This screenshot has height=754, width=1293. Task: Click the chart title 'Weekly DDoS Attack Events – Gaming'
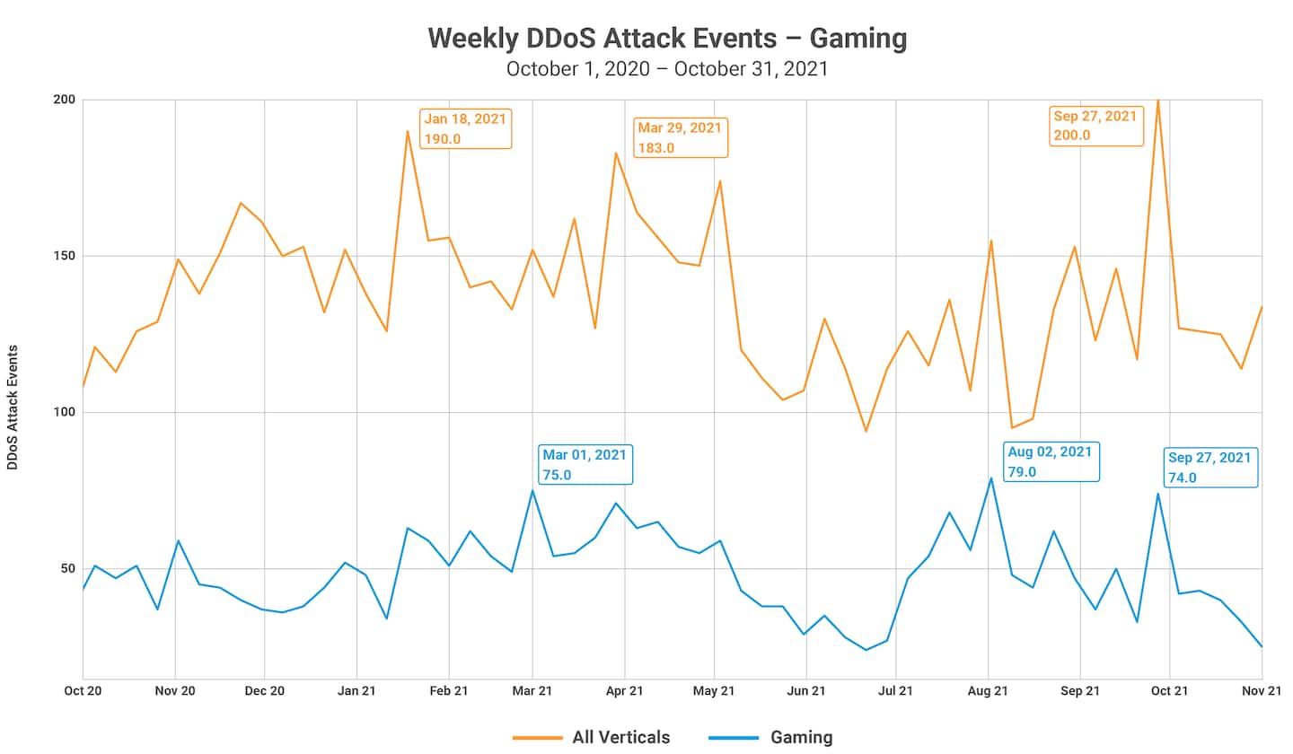point(667,38)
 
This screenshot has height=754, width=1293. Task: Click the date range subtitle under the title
point(667,69)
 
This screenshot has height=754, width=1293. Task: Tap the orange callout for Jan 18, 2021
point(466,128)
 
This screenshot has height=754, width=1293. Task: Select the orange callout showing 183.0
point(680,137)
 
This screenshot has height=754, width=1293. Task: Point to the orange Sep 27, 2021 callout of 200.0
point(1095,126)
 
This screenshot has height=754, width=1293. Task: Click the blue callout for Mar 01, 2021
point(585,465)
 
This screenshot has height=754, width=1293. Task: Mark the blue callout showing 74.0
point(1209,468)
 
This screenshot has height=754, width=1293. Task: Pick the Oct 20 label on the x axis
point(83,690)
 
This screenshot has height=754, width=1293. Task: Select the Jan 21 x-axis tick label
point(357,690)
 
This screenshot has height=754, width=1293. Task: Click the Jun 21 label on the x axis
point(806,690)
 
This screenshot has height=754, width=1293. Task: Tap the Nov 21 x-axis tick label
point(1262,690)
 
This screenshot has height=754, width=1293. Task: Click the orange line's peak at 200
point(1157,101)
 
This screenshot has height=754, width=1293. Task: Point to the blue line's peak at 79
point(990,478)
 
